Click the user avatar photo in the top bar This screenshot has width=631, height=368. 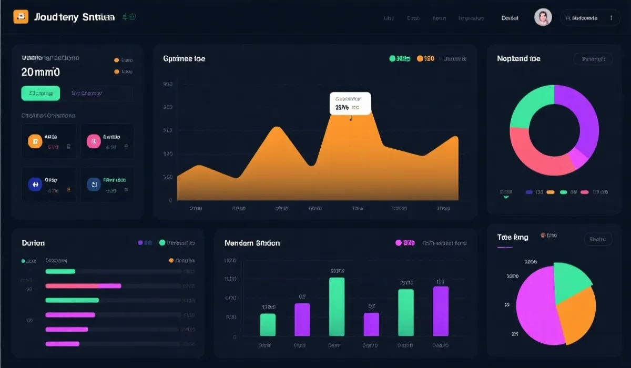[x=543, y=17]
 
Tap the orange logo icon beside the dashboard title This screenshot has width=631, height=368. [x=21, y=17]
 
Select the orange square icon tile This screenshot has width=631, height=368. [x=35, y=140]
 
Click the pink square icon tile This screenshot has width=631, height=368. [x=93, y=140]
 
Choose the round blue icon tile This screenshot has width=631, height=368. [x=35, y=184]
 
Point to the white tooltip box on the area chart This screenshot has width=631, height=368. [x=350, y=104]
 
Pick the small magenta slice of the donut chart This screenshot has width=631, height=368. [x=580, y=157]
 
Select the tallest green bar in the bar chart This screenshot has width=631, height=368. [x=337, y=306]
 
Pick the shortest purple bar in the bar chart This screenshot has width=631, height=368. [x=371, y=324]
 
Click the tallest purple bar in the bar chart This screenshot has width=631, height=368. [x=441, y=311]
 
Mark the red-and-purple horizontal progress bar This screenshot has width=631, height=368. [x=84, y=285]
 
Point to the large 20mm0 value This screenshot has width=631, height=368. [x=40, y=71]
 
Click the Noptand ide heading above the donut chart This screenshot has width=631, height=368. [x=518, y=59]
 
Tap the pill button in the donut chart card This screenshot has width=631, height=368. [x=593, y=59]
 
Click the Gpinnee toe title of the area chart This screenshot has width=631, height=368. [x=184, y=59]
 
